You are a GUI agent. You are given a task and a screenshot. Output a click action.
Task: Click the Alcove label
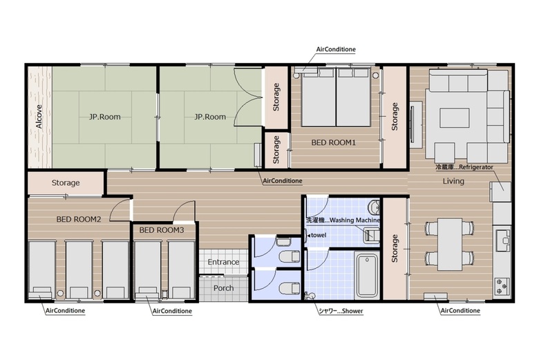(39, 117)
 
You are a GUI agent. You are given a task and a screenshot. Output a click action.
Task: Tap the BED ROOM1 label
(333, 142)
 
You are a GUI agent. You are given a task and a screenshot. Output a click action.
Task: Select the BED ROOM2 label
(79, 219)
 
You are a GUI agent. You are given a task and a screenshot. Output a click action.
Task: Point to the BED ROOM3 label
(162, 230)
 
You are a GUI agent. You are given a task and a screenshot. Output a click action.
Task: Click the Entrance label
(223, 262)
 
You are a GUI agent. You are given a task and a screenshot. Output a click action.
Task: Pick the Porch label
(223, 288)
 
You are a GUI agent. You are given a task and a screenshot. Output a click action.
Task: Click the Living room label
(453, 181)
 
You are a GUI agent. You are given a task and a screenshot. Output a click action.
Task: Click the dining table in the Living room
(449, 244)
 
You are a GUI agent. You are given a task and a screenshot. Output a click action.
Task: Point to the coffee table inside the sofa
(455, 118)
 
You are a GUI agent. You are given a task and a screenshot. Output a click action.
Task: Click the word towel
(319, 236)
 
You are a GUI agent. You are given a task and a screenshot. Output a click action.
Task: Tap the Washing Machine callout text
(354, 220)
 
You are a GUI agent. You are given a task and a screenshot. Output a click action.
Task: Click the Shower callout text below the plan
(352, 311)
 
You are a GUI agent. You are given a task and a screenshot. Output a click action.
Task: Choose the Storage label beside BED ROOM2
(66, 182)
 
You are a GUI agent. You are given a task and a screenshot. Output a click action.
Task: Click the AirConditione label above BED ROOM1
(336, 50)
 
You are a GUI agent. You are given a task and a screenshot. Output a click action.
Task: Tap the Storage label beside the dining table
(395, 248)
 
